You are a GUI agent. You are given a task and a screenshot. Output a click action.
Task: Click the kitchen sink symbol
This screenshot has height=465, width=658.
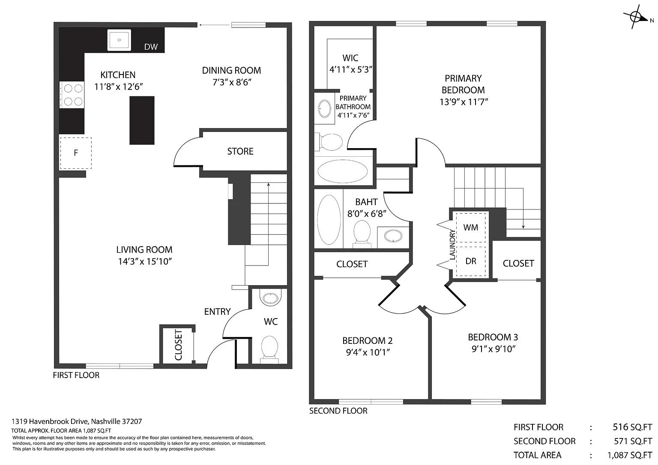coord(119,40)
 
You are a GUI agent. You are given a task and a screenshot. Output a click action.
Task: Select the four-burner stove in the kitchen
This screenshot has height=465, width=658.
coord(72,95)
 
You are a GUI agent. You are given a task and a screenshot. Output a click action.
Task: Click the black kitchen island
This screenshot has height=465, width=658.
coord(142,120)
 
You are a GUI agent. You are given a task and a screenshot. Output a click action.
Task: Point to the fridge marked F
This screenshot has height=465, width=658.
coord(76,153)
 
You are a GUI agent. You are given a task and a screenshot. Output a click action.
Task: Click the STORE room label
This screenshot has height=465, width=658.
coord(240,151)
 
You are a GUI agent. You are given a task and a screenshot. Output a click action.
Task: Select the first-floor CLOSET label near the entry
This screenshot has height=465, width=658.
coord(178,345)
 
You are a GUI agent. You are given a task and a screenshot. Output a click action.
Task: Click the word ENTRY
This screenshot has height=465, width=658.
coord(217,312)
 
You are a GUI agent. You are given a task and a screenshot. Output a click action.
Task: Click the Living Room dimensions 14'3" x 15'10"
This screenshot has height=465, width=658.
coord(145,261)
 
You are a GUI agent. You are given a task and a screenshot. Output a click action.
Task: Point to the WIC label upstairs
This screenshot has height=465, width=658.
coord(350,58)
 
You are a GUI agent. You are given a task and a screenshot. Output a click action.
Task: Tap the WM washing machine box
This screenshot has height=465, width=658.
coord(471,227)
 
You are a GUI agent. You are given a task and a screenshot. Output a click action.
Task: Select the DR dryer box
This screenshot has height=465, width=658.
coord(471,261)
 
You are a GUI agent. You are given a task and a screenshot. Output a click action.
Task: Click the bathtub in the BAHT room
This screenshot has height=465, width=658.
coord(329,219)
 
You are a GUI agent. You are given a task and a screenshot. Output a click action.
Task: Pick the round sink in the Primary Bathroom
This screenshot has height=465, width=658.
coord(325,109)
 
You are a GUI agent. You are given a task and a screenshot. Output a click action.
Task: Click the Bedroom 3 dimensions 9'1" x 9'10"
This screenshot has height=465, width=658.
coord(493,349)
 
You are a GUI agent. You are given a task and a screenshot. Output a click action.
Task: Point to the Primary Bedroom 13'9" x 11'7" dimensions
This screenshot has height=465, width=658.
coord(464,102)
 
